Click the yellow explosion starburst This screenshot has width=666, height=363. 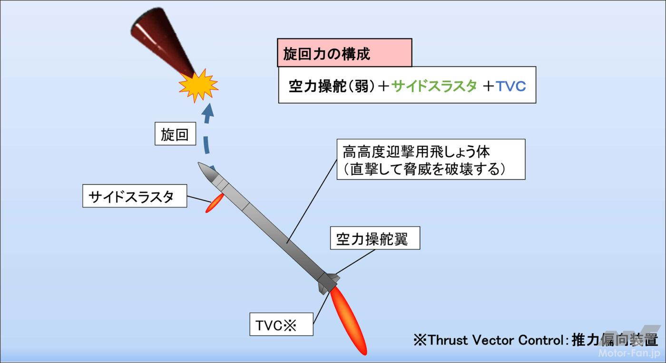click(x=198, y=85)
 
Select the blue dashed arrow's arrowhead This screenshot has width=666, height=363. click(x=208, y=112)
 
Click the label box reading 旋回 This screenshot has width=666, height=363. click(x=175, y=134)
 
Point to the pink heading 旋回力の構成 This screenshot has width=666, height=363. click(x=344, y=53)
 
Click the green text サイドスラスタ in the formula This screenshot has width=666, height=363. click(x=434, y=86)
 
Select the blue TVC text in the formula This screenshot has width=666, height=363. click(x=511, y=87)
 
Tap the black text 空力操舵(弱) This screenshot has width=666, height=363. click(x=333, y=86)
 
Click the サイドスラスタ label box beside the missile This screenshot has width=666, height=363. click(x=135, y=196)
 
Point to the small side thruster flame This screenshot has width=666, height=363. click(x=214, y=203)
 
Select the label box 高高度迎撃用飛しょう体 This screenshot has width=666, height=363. click(x=431, y=159)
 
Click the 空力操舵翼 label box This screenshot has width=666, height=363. click(x=375, y=238)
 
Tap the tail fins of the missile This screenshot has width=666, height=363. click(x=329, y=283)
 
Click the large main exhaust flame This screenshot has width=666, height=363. click(x=348, y=321)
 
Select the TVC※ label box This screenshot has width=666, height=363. click(x=281, y=324)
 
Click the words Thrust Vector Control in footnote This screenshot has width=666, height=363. click(x=495, y=340)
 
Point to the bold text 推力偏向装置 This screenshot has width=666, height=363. click(x=615, y=340)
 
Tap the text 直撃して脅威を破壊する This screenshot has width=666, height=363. click(x=424, y=170)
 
